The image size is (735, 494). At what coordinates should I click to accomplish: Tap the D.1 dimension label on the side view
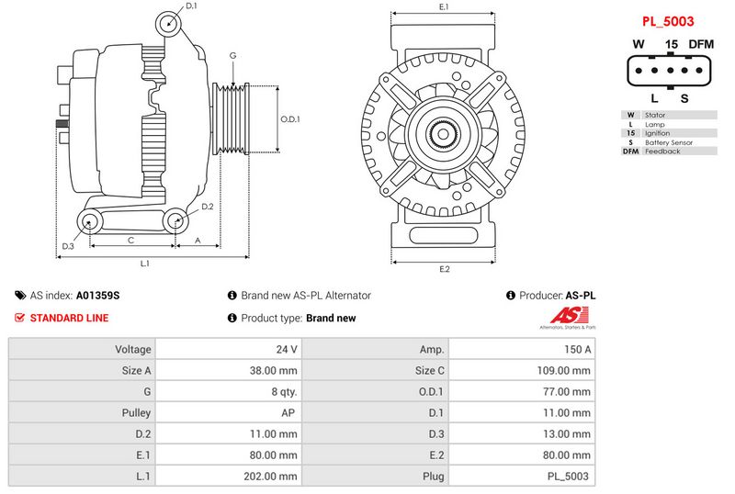[191, 6]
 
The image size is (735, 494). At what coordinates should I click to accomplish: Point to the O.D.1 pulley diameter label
[290, 118]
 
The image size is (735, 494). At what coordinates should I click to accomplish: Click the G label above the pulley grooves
[233, 56]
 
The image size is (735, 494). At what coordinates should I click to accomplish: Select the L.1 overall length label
[145, 264]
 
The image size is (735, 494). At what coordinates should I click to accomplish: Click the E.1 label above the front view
[444, 7]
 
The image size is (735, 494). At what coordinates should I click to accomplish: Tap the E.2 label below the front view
[444, 269]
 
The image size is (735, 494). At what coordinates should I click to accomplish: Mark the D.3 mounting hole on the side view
[90, 219]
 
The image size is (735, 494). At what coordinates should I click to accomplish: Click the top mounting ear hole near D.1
[166, 23]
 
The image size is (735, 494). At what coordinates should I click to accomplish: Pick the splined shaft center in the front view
[444, 137]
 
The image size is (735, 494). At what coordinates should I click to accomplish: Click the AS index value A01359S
[97, 296]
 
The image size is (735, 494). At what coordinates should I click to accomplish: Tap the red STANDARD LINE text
[69, 318]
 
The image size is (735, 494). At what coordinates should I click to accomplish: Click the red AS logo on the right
[566, 318]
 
